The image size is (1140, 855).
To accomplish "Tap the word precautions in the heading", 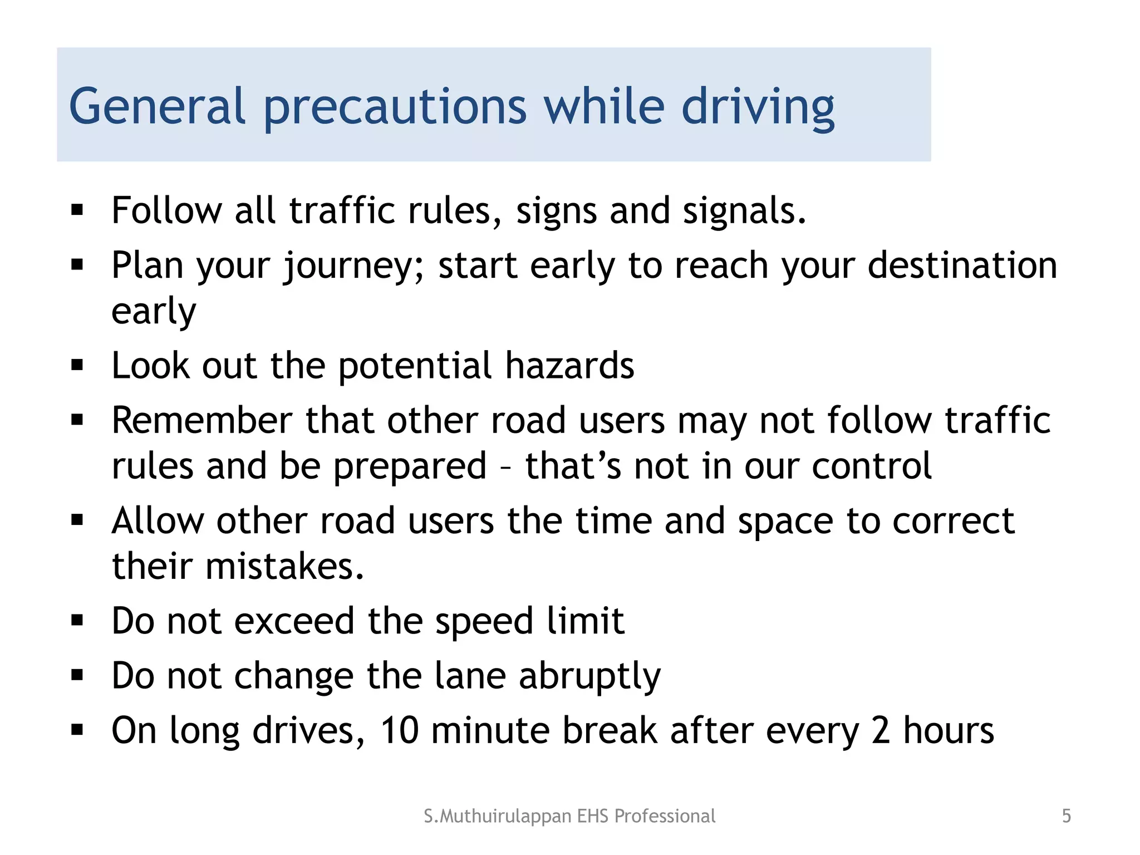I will [395, 107].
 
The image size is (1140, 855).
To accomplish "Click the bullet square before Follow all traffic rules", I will [77, 210].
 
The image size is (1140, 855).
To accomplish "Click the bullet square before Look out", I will [77, 366].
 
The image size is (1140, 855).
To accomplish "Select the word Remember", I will [202, 420].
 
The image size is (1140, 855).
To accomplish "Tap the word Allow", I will [158, 521].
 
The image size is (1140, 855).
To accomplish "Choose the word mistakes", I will [284, 567].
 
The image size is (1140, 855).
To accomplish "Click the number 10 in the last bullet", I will [399, 730].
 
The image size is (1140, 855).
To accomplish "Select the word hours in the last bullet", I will [948, 730].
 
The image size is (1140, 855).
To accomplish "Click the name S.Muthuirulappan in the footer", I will [497, 816].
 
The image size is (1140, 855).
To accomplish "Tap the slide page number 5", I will [1066, 816].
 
